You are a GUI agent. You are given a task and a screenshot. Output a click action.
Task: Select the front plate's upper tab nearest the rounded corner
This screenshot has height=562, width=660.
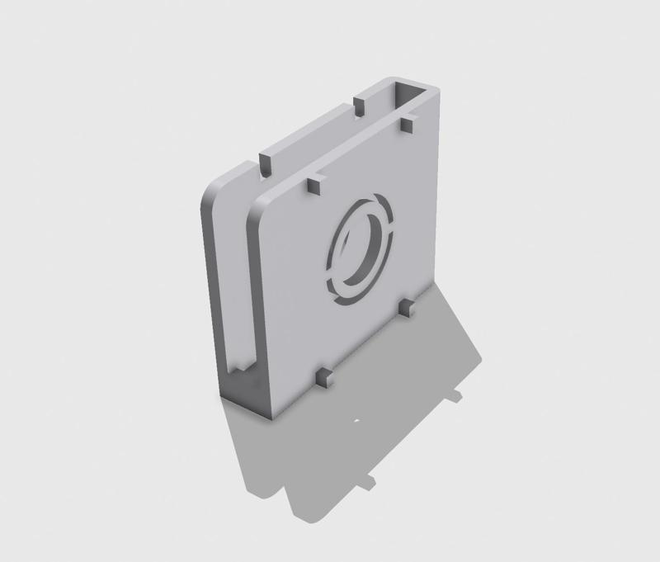point(313,184)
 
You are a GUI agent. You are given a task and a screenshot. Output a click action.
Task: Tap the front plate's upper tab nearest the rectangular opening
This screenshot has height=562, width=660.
point(407,124)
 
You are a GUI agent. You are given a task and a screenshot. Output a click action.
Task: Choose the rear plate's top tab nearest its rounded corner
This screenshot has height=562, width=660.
point(266,163)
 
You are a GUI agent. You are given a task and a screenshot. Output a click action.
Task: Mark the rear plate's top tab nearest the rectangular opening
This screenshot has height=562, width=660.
point(359,106)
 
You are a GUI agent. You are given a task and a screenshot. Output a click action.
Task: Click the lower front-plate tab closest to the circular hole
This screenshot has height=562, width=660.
point(406,308)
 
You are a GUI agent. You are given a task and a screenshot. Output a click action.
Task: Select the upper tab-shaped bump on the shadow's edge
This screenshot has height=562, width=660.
point(456,395)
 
